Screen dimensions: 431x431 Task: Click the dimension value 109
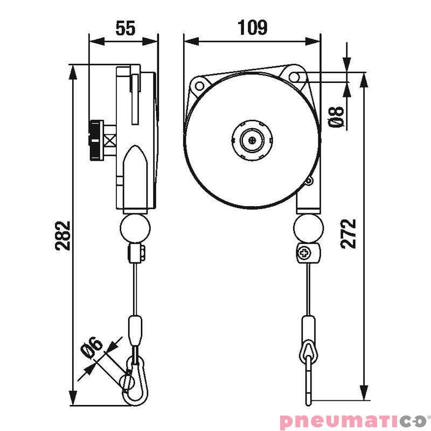253,27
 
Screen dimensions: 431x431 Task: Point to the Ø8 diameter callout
336,117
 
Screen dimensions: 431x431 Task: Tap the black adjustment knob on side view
95,140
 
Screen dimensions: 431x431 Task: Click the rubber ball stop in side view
135,228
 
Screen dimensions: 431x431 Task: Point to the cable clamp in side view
138,253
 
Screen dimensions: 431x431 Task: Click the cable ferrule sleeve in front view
308,328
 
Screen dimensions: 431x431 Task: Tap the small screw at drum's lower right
309,182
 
